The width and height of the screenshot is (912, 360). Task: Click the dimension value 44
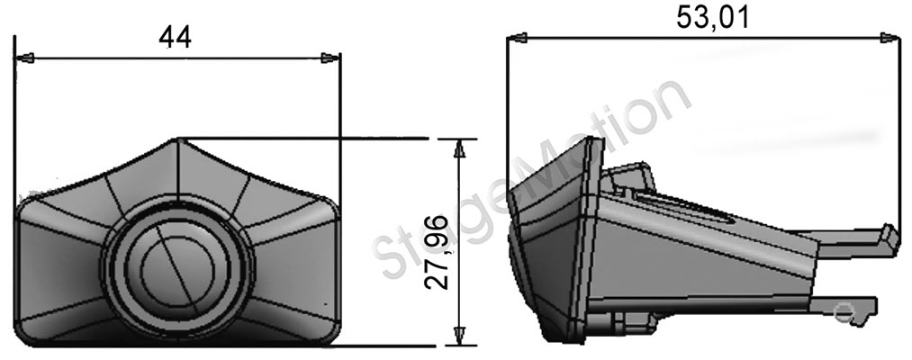click(x=175, y=37)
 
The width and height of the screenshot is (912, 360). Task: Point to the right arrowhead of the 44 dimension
click(x=331, y=58)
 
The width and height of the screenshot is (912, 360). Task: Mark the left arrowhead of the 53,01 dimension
click(x=517, y=39)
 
